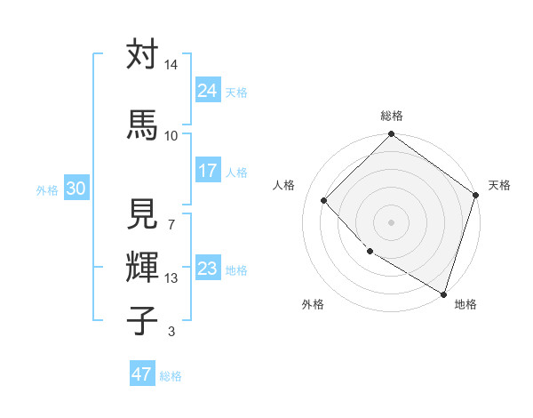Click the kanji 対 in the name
tap(142, 54)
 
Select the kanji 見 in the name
tap(142, 215)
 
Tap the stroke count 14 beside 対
tap(171, 66)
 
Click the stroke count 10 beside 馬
tap(171, 135)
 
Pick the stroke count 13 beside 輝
tap(171, 278)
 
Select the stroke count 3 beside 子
tap(171, 333)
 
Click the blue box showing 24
tap(208, 91)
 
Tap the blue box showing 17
tap(208, 171)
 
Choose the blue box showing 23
tap(208, 269)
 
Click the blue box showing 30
tap(76, 189)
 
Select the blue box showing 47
tap(142, 374)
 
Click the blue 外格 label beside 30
tap(47, 189)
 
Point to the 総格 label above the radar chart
tap(392, 116)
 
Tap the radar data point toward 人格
tap(324, 201)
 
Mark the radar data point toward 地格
tap(443, 293)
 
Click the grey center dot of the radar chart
tap(392, 221)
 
